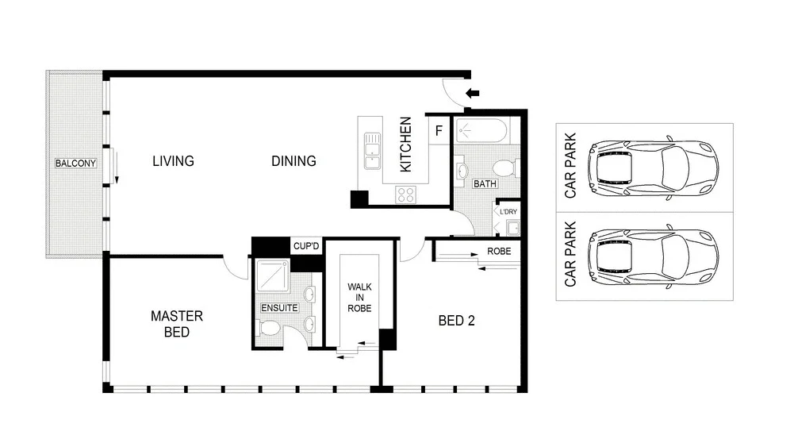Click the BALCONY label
pos(75,164)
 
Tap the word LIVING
pos(173,161)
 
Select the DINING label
pos(293,161)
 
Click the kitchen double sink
pos(371,151)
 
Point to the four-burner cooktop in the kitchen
pos(406,194)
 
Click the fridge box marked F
pos(439,130)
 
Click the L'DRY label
pos(508,212)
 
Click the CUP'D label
pos(305,247)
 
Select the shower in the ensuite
pos(273,274)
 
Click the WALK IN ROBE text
pos(359,297)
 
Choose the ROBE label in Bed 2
pos(498,251)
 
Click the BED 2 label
pos(457,322)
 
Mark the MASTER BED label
pos(176,324)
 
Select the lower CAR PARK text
pos(569,258)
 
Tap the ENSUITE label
pos(279,307)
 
